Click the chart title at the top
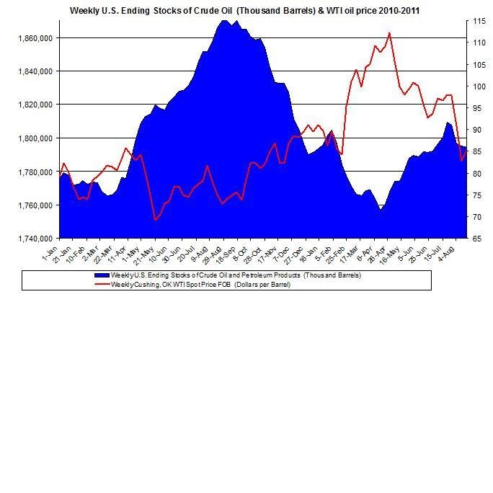(244, 11)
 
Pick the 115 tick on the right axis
(479, 22)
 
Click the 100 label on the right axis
(479, 86)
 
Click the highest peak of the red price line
(389, 32)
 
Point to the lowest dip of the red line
(154, 220)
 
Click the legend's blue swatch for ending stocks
(101, 275)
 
